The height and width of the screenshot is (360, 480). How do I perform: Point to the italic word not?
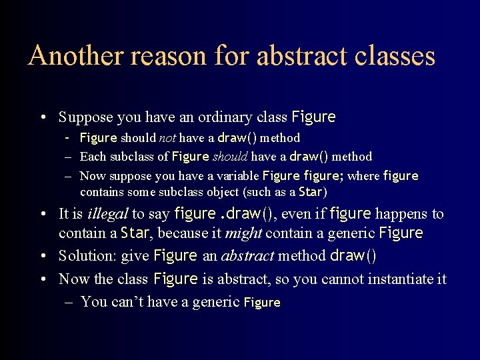point(167,139)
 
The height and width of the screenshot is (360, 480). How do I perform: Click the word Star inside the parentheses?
point(310,192)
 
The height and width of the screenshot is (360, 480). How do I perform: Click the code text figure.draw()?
point(223,214)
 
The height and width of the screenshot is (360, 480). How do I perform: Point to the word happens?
point(401,214)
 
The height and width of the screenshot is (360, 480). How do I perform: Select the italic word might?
point(243,233)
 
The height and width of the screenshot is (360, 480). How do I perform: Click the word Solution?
point(83,256)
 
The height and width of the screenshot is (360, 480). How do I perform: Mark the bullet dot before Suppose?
point(43,118)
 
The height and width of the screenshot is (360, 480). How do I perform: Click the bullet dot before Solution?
point(43,256)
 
